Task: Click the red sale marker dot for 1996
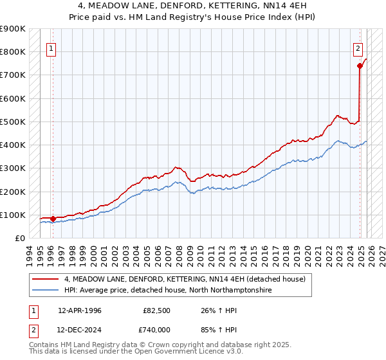53,219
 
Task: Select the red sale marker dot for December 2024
360,66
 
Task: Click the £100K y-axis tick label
13,215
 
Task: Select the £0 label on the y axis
19,238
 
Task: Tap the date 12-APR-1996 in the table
80,310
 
